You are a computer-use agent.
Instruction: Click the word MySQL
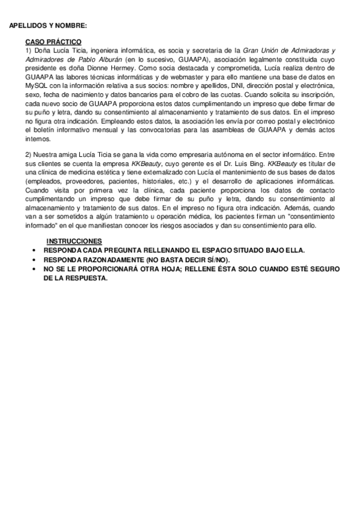pos(37,85)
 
